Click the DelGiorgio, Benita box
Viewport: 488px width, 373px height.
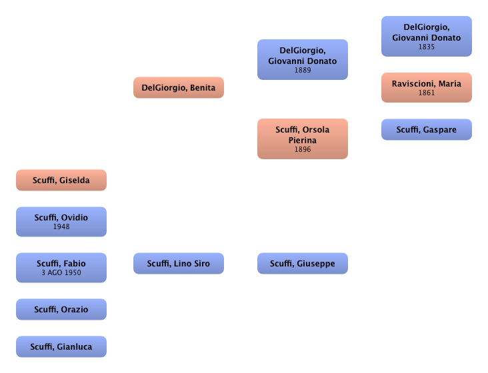[179, 87]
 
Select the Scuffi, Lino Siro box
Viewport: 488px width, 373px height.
[179, 263]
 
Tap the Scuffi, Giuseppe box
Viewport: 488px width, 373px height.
[302, 263]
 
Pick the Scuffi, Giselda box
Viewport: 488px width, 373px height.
[61, 180]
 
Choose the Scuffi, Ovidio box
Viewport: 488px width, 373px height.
[61, 221]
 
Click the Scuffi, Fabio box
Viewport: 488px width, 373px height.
[61, 267]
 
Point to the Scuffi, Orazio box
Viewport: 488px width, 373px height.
[61, 309]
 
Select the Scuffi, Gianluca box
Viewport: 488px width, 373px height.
[61, 346]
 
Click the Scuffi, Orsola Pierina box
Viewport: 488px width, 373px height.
[302, 139]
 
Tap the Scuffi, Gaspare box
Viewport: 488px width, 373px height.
[426, 129]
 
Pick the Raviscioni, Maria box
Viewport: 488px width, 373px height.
[426, 87]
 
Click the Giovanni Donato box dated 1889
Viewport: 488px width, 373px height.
[302, 59]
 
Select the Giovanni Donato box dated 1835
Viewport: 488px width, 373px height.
[426, 36]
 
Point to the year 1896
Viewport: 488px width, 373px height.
[302, 150]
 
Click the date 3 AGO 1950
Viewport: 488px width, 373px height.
[61, 272]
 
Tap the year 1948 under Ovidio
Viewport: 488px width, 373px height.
[61, 226]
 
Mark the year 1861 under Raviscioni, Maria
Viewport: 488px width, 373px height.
[426, 93]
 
